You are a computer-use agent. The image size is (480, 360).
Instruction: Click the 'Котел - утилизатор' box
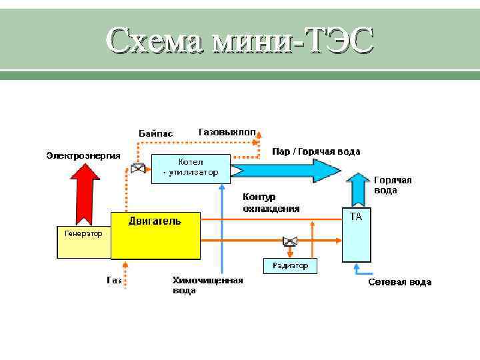pyautogui.click(x=191, y=168)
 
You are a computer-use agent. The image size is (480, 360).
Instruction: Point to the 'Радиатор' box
pyautogui.click(x=291, y=266)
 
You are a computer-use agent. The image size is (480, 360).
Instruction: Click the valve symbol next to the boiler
pyautogui.click(x=138, y=169)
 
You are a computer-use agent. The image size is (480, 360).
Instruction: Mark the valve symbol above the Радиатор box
pyautogui.click(x=290, y=241)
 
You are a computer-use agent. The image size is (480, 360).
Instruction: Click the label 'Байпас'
pyautogui.click(x=155, y=133)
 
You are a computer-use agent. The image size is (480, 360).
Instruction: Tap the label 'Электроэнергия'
pyautogui.click(x=83, y=155)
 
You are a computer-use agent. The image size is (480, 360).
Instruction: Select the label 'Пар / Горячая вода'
pyautogui.click(x=316, y=151)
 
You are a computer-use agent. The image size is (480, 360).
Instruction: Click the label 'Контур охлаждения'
pyautogui.click(x=271, y=203)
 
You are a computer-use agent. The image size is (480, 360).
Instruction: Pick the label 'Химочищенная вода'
pyautogui.click(x=207, y=285)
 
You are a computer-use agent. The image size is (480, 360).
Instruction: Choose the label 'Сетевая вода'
pyautogui.click(x=399, y=282)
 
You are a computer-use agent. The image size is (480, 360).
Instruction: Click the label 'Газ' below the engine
pyautogui.click(x=114, y=281)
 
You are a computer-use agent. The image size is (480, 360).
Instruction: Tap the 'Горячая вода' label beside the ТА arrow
pyautogui.click(x=393, y=185)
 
